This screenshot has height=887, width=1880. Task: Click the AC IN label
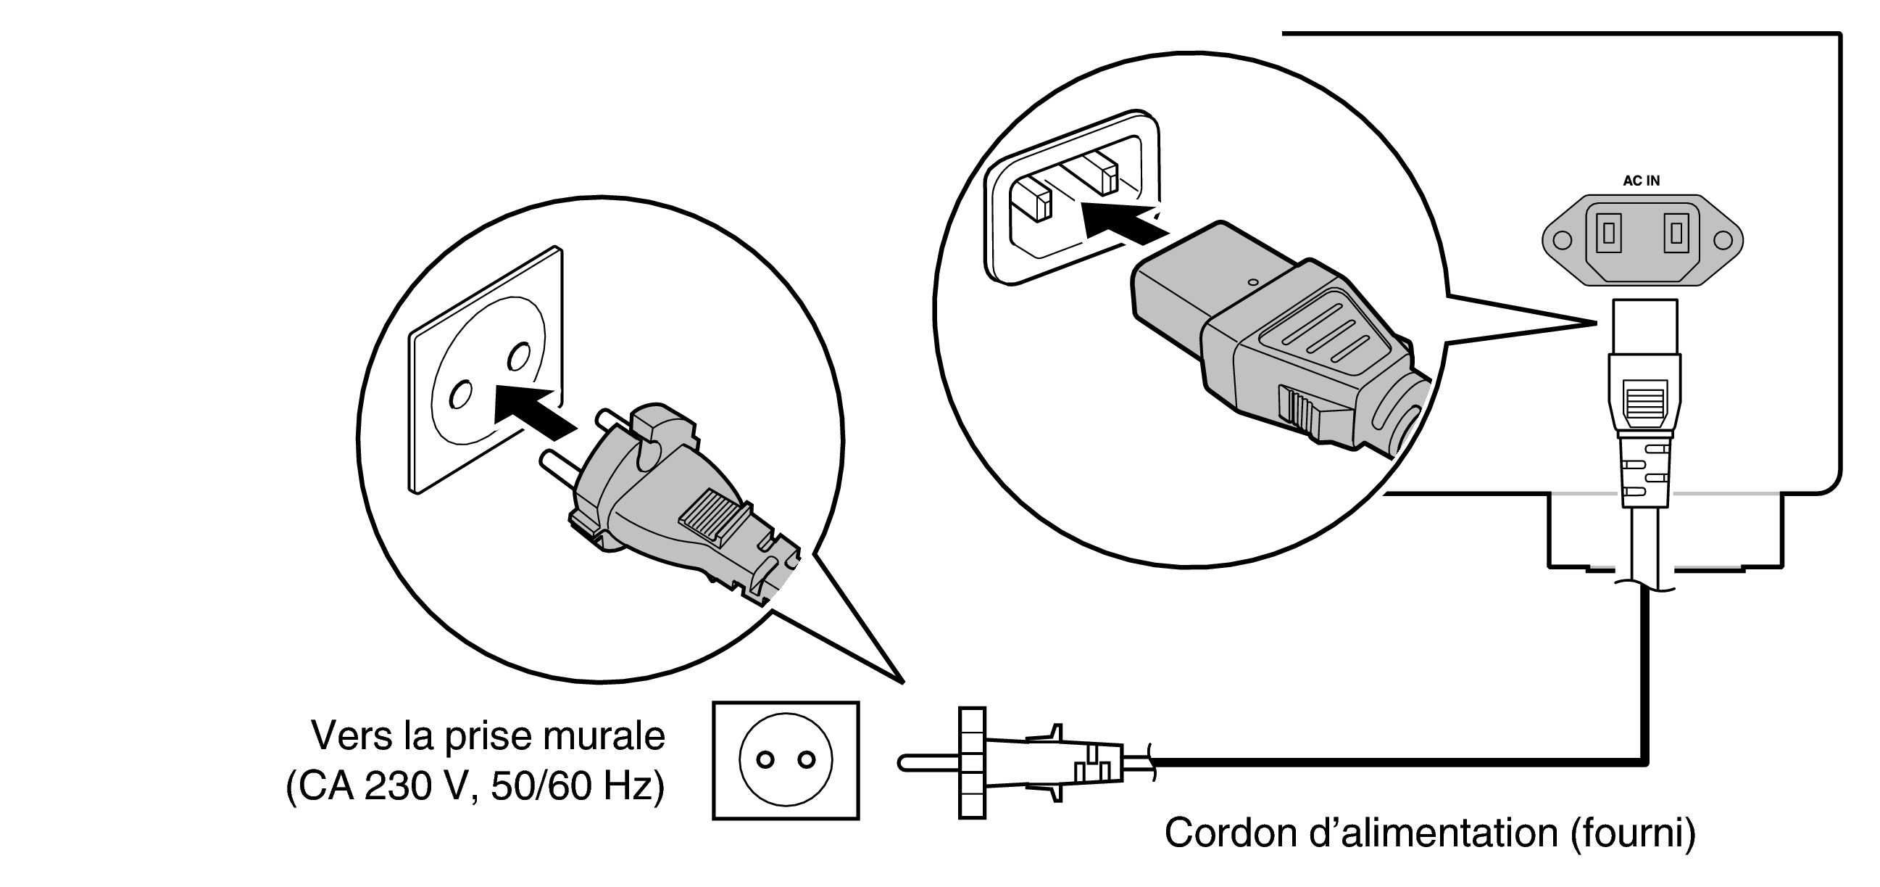[x=1641, y=181]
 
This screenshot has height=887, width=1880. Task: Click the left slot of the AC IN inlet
[x=1607, y=233]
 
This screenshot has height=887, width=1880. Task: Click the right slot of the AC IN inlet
[x=1676, y=233]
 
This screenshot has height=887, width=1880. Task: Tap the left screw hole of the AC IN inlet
[x=1562, y=240]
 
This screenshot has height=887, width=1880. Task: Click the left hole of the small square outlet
[x=765, y=760]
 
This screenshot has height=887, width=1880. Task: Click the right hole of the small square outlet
[x=807, y=760]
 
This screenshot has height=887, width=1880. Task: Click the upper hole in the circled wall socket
[x=519, y=355]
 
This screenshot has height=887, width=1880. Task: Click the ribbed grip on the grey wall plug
[x=705, y=519]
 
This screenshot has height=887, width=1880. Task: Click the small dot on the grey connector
[x=1253, y=282]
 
